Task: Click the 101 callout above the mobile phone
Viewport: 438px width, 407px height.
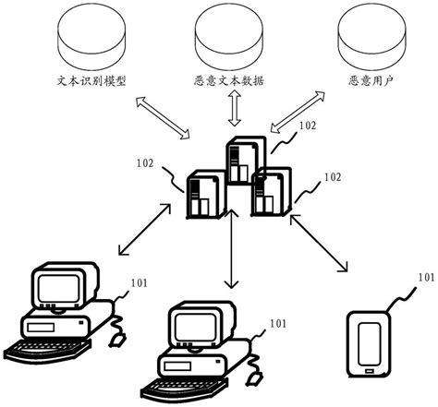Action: pyautogui.click(x=425, y=276)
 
